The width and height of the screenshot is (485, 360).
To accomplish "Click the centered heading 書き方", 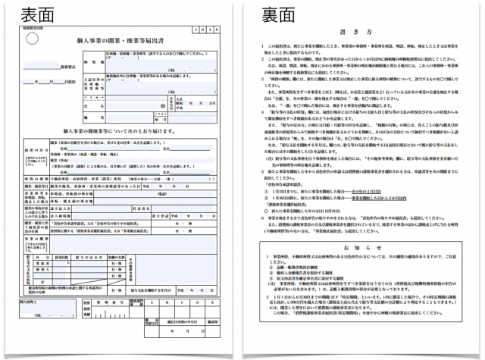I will (x=357, y=34).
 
